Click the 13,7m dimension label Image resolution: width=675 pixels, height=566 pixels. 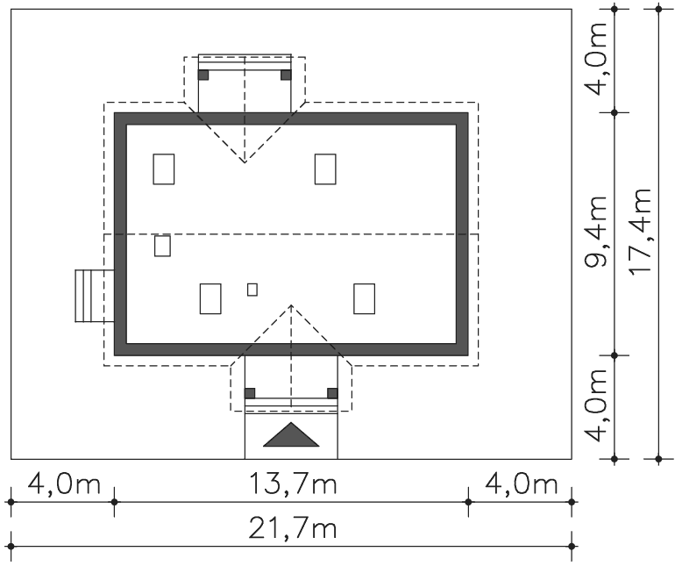tap(293, 484)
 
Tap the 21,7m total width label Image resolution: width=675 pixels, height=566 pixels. tap(292, 528)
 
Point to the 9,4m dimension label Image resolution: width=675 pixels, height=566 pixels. tap(596, 232)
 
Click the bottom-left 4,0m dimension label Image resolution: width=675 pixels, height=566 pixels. tap(64, 484)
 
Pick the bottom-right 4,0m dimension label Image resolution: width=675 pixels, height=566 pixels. tap(522, 484)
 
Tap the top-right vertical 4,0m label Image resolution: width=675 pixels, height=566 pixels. tap(596, 59)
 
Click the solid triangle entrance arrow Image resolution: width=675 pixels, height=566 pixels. tap(291, 434)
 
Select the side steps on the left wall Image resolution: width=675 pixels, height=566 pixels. tap(95, 296)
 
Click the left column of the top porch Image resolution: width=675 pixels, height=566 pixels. tap(203, 75)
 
